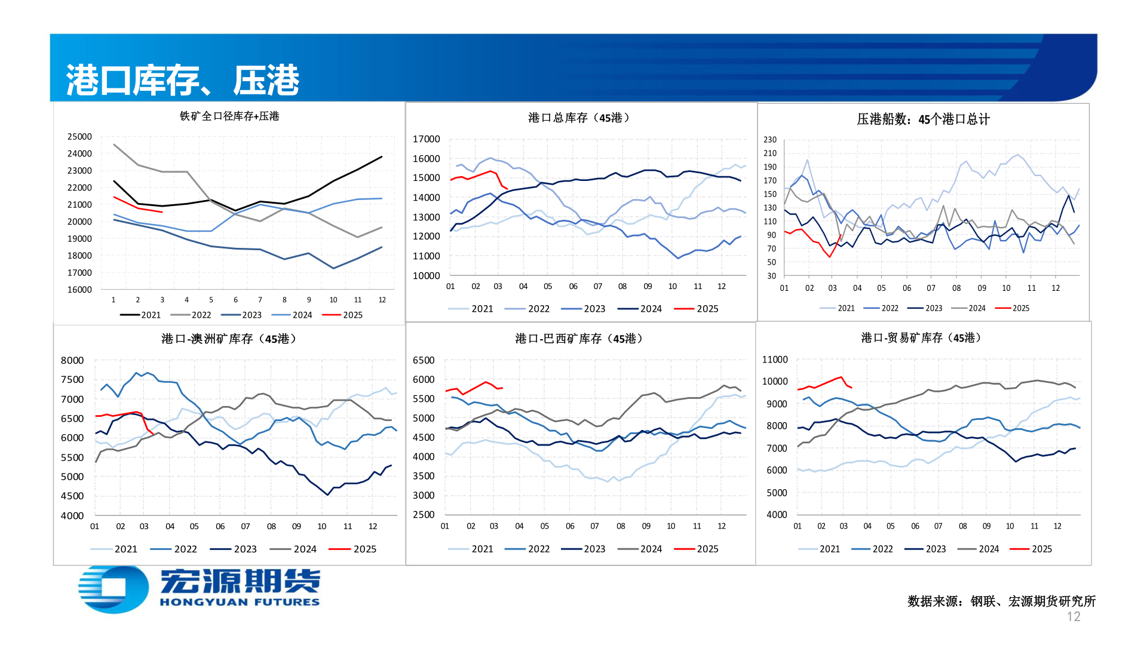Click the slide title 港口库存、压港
tap(182, 80)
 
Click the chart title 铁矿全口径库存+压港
tap(229, 116)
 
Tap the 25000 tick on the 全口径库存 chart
tap(79, 137)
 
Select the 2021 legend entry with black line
tap(141, 315)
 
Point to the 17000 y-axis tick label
tap(426, 139)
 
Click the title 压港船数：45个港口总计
tap(923, 119)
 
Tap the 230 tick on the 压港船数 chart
tap(769, 140)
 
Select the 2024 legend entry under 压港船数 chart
tap(968, 308)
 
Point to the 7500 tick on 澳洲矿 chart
tap(72, 380)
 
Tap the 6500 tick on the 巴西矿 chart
tap(424, 360)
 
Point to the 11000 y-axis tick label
tap(774, 360)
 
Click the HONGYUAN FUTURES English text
tap(240, 602)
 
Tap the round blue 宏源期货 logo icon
tap(114, 588)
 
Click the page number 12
tap(1073, 617)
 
